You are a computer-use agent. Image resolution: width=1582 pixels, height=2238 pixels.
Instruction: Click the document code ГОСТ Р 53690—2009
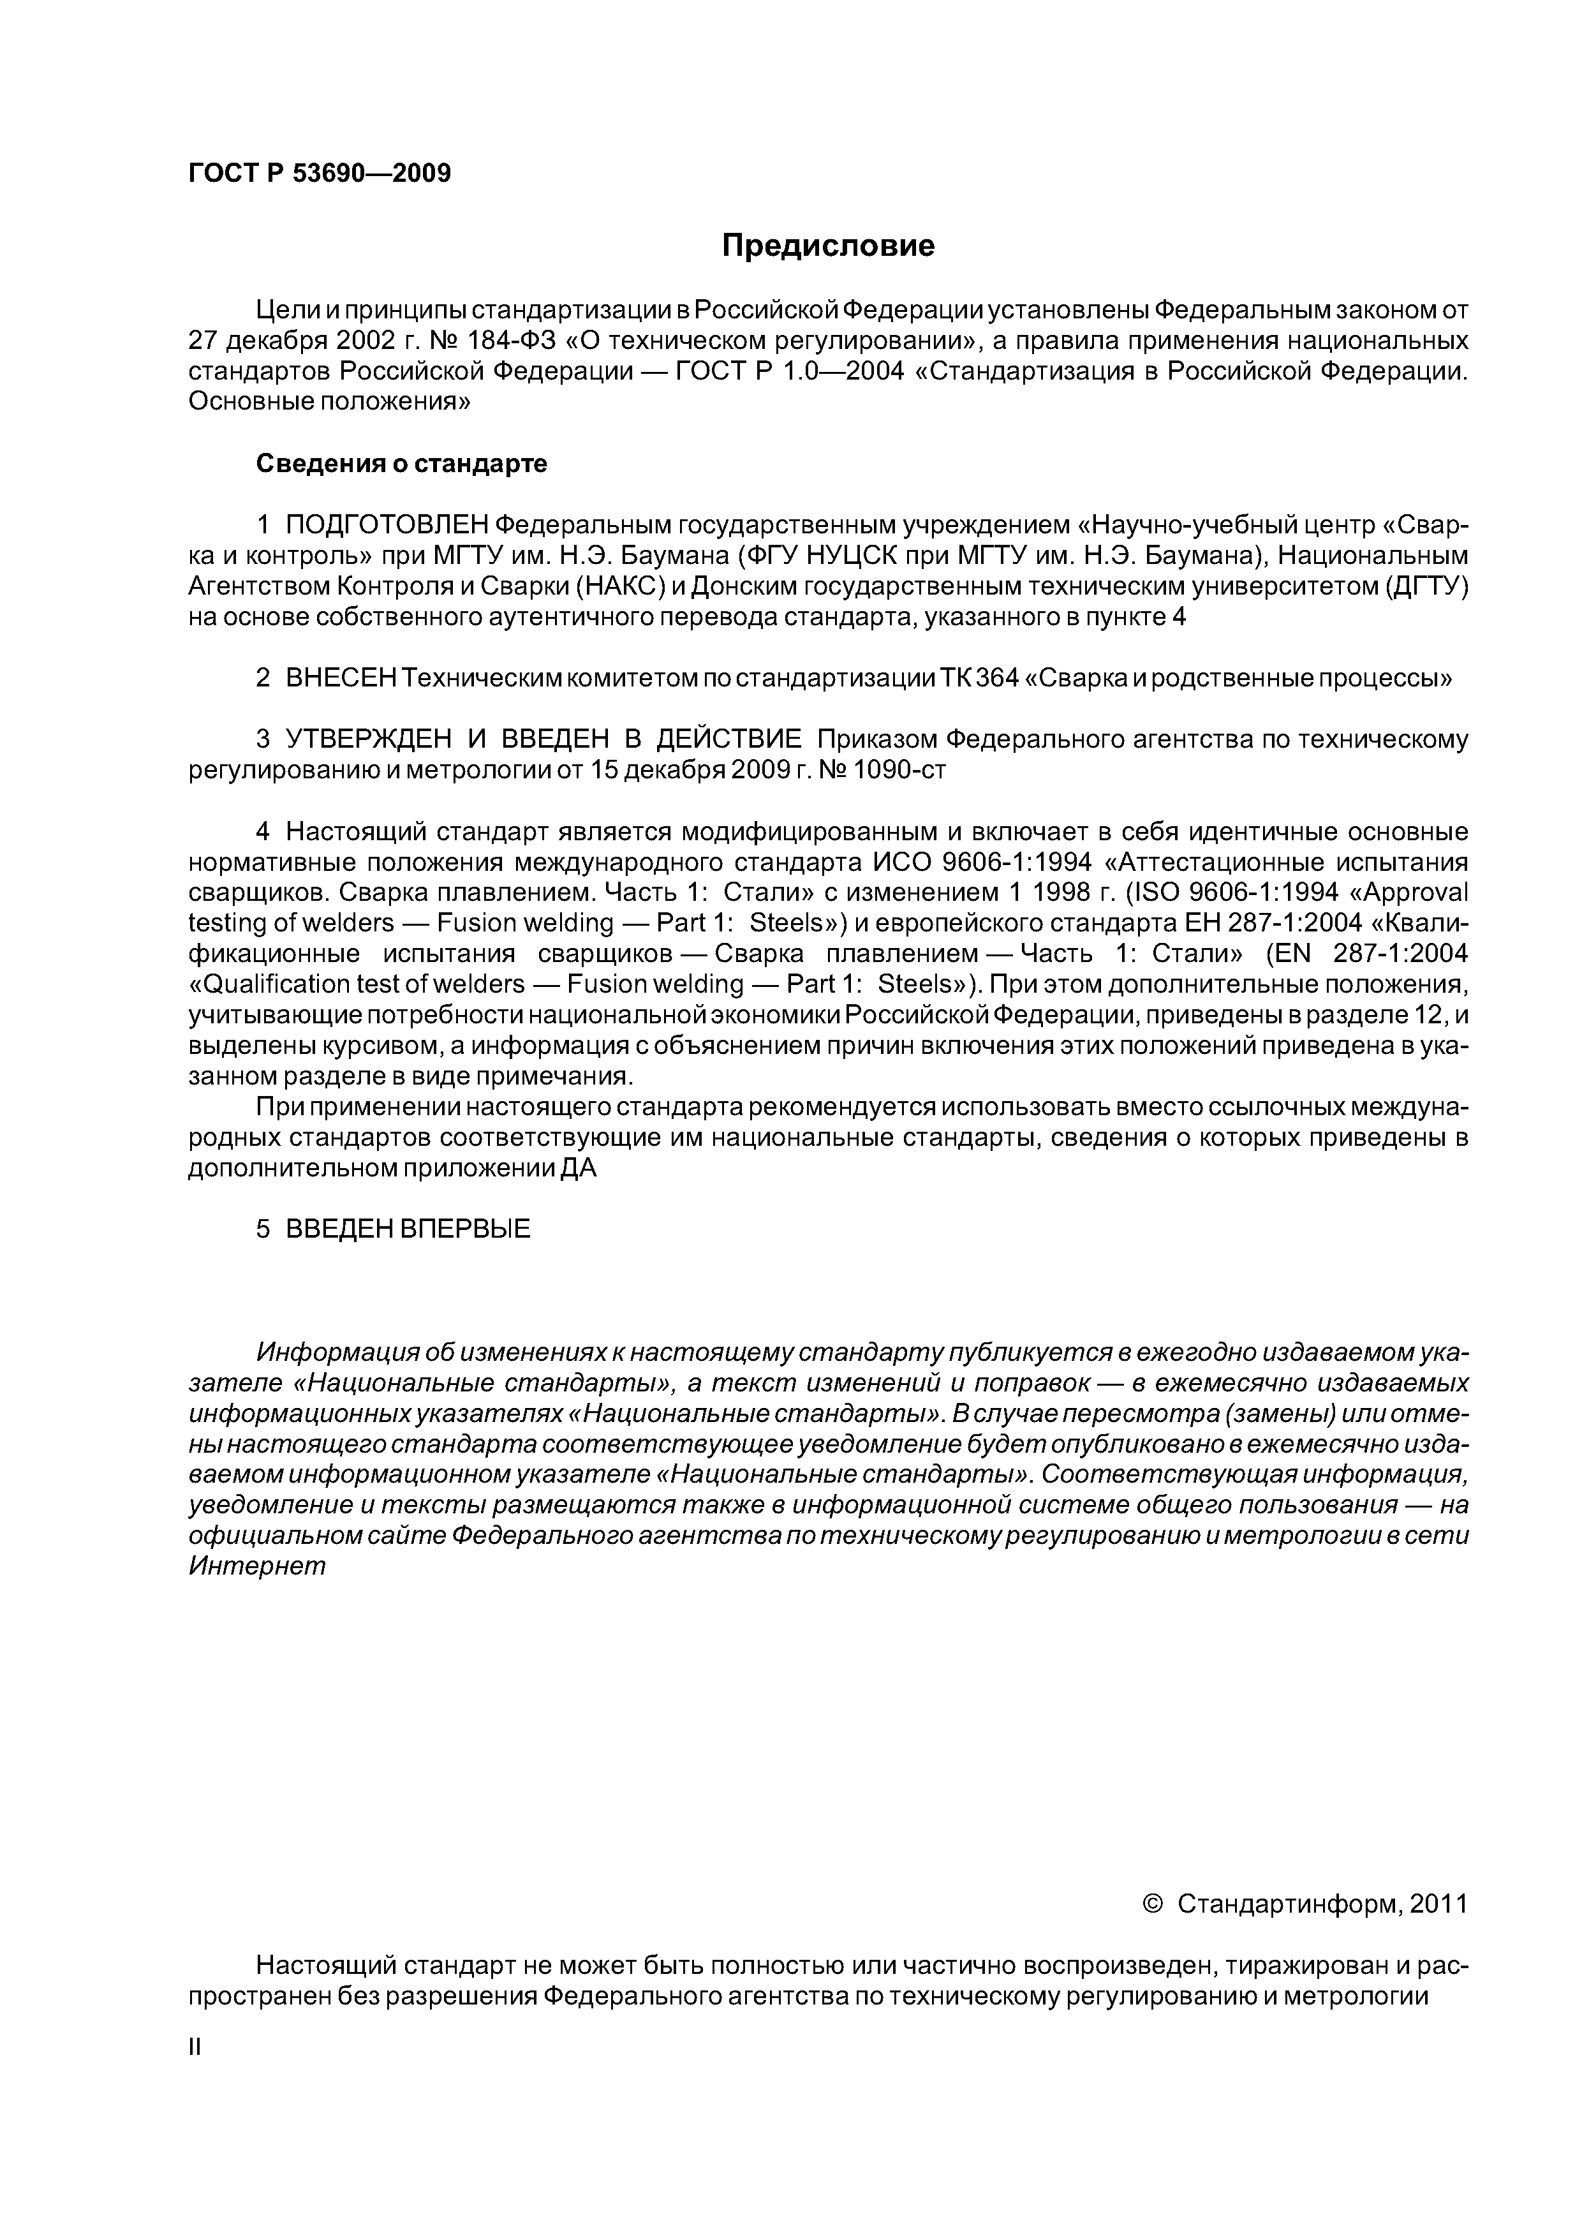[319, 174]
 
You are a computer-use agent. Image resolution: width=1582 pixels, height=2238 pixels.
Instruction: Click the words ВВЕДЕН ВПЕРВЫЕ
[408, 1229]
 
